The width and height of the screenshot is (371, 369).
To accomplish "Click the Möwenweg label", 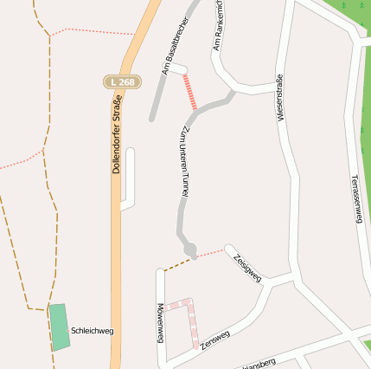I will tap(160, 323).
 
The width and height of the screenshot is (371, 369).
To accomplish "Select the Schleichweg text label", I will tap(93, 330).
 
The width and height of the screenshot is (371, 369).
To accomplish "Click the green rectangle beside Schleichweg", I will tap(59, 327).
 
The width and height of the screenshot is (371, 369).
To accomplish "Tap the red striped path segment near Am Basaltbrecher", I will tap(189, 91).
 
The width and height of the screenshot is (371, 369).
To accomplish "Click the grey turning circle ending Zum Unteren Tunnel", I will tap(190, 249).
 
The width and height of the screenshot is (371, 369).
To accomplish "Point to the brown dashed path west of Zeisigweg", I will tap(180, 262).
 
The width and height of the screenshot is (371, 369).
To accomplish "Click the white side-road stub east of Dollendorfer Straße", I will tap(129, 178).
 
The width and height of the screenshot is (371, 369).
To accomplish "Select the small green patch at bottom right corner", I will tap(367, 346).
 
